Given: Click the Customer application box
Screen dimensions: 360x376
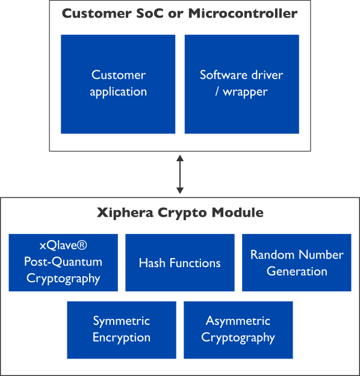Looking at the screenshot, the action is (x=118, y=84).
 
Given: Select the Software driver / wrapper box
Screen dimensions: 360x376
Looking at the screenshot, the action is (x=241, y=84).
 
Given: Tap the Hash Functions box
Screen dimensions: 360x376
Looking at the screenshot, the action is (x=180, y=262).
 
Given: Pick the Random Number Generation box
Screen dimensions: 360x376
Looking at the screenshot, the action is (x=297, y=262).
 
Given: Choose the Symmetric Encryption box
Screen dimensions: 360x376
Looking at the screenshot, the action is (x=122, y=330).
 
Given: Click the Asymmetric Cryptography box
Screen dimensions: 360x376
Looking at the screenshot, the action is (x=238, y=330).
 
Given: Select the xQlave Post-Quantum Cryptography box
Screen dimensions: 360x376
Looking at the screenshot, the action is (x=63, y=262).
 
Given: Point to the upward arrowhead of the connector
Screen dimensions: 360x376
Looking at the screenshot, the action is (x=180, y=158).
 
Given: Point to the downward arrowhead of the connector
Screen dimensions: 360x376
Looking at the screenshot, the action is (x=180, y=191).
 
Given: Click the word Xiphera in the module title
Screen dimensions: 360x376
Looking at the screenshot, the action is (x=125, y=212).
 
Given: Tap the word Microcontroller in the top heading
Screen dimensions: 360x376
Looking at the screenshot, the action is (x=243, y=13).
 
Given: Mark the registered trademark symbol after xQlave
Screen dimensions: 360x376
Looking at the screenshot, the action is (x=82, y=245).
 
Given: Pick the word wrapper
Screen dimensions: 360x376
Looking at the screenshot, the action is (x=245, y=92).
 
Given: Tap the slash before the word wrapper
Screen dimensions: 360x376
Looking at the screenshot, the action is (x=217, y=91).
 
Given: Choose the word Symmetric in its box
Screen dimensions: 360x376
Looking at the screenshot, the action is (x=122, y=321).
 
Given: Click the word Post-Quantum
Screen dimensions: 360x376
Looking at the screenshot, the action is (x=63, y=262).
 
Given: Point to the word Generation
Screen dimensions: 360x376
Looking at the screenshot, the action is (x=297, y=271).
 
